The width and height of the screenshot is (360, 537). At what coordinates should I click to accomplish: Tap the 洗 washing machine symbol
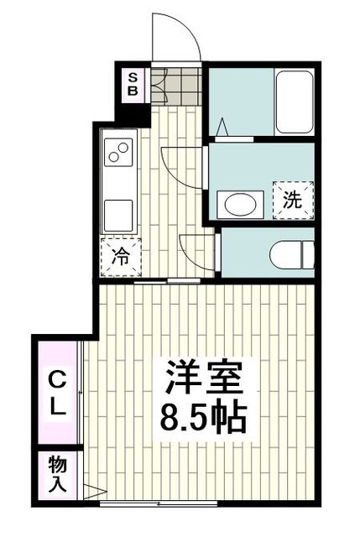click(x=291, y=201)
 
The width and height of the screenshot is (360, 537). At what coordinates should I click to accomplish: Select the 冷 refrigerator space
click(x=120, y=257)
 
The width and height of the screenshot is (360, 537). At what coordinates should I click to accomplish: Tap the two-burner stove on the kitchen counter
click(x=118, y=154)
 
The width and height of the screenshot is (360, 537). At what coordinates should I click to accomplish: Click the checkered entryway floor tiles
click(x=175, y=84)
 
